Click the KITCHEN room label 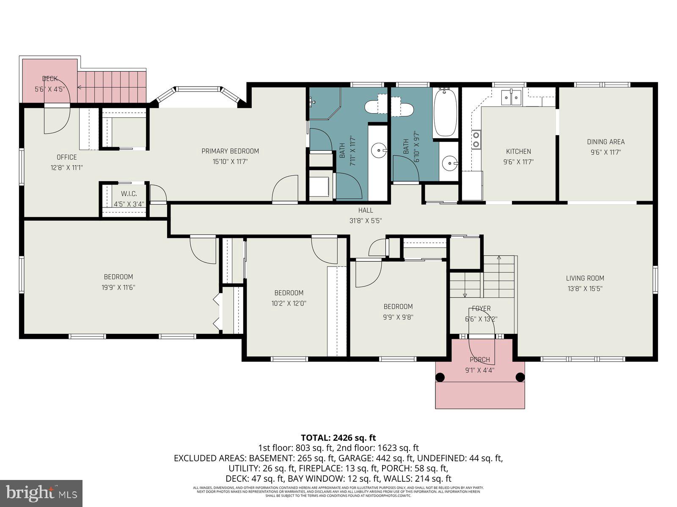(x=518, y=151)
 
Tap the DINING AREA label (x=605, y=142)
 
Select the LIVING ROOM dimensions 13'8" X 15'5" (x=585, y=289)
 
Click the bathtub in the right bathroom (x=445, y=112)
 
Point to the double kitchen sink (x=512, y=98)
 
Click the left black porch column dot (x=440, y=377)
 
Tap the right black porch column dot (x=520, y=377)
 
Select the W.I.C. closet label (x=129, y=194)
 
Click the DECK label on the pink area (x=50, y=79)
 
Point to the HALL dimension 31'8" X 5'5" (x=366, y=221)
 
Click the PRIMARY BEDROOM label (x=230, y=151)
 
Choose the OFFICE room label (x=67, y=157)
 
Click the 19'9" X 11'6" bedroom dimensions (x=118, y=287)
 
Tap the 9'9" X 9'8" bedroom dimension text (x=398, y=317)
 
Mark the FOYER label (x=481, y=309)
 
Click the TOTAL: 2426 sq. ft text (x=338, y=438)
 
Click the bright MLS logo (x=41, y=493)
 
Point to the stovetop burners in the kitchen (x=476, y=140)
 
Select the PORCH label (x=480, y=360)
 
